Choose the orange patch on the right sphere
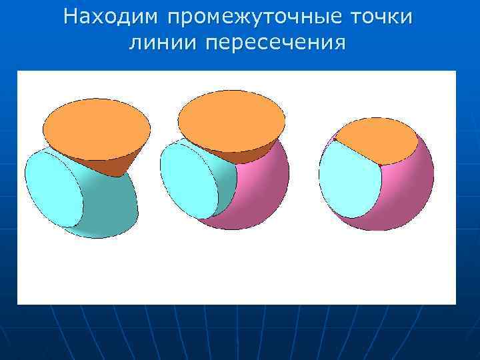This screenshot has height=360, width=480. coord(377,140)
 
